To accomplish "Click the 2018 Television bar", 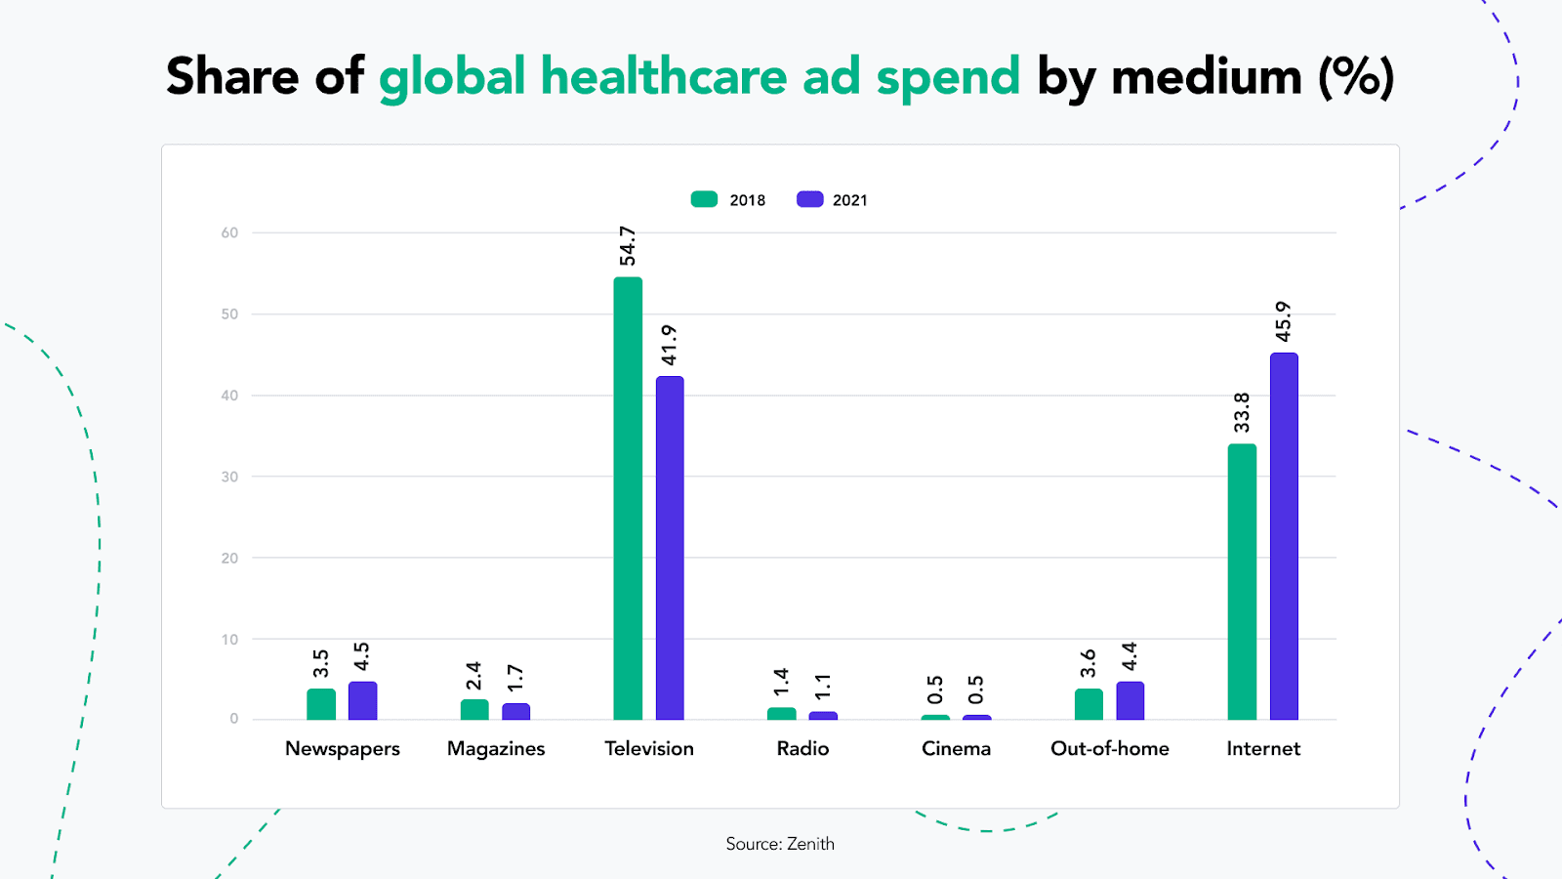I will [x=628, y=498].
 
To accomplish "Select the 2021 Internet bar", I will [x=1284, y=536].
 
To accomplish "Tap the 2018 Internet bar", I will [x=1242, y=582].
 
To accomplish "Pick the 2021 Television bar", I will [x=670, y=548].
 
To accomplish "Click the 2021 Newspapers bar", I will [x=362, y=701].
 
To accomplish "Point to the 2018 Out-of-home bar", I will [x=1089, y=704].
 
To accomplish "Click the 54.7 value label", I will [x=628, y=246].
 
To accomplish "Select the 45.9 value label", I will [x=1284, y=321].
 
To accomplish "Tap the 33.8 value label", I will [x=1242, y=412].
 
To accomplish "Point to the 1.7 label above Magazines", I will [x=515, y=678].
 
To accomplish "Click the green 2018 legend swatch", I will [x=704, y=199].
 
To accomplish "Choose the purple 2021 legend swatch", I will [x=809, y=199].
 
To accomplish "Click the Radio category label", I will [x=802, y=748].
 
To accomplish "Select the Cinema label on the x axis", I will [x=956, y=748].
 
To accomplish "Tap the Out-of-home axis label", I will [x=1110, y=748].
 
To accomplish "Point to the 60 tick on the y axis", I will [x=229, y=232].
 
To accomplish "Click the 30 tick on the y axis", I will [x=229, y=477].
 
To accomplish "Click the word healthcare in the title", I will [x=664, y=76].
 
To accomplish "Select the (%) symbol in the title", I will [x=1356, y=76].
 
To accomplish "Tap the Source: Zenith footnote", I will [x=780, y=844].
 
